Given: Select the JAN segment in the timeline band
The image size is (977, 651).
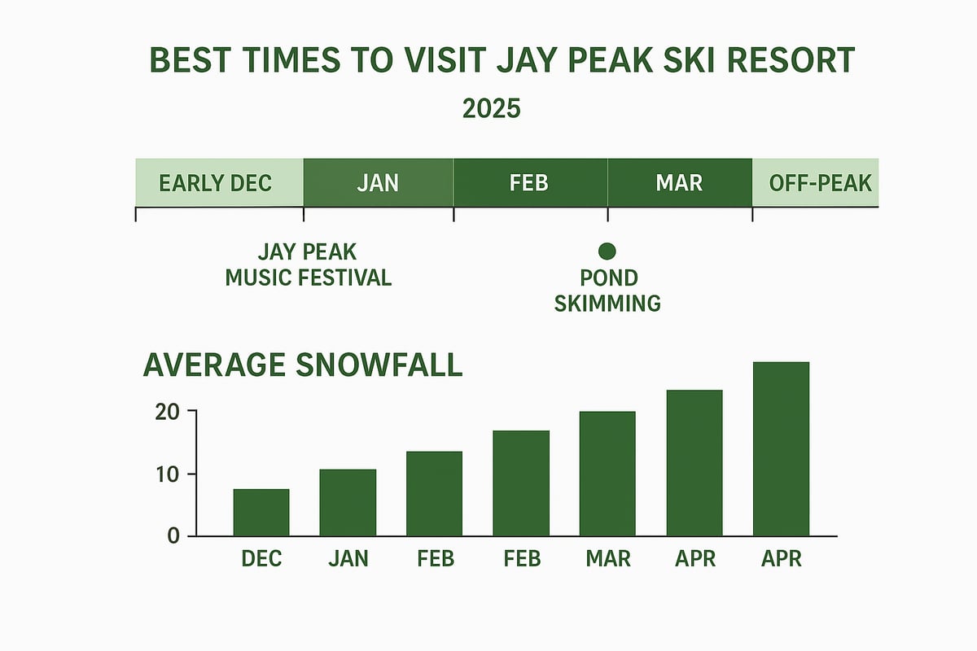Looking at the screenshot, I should coord(378,182).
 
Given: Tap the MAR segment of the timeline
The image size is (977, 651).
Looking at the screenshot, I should coord(679,182).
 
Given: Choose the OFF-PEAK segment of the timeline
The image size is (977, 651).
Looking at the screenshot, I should coord(814,182).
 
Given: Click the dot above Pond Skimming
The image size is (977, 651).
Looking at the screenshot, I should coord(607,251).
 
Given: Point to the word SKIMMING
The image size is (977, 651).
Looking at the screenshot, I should coord(607,304).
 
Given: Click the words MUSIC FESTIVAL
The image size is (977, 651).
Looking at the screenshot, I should coord(309,277).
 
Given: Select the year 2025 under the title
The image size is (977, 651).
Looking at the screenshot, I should coord(491,108).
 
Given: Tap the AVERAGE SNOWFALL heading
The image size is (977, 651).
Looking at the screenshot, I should coord(303,365).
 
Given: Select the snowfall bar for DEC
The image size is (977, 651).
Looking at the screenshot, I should coord(261,513).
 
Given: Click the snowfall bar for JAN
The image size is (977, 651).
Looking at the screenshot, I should coord(348,503).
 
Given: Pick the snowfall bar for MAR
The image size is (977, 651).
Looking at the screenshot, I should coord(607,474).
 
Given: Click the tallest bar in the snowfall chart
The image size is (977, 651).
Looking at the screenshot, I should coord(782,449).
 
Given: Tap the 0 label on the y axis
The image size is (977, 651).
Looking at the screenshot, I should coord(173,535).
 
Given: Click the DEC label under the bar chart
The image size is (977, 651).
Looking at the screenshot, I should coord(261,559).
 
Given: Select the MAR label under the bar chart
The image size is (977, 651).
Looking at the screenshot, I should coord(607,559).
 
